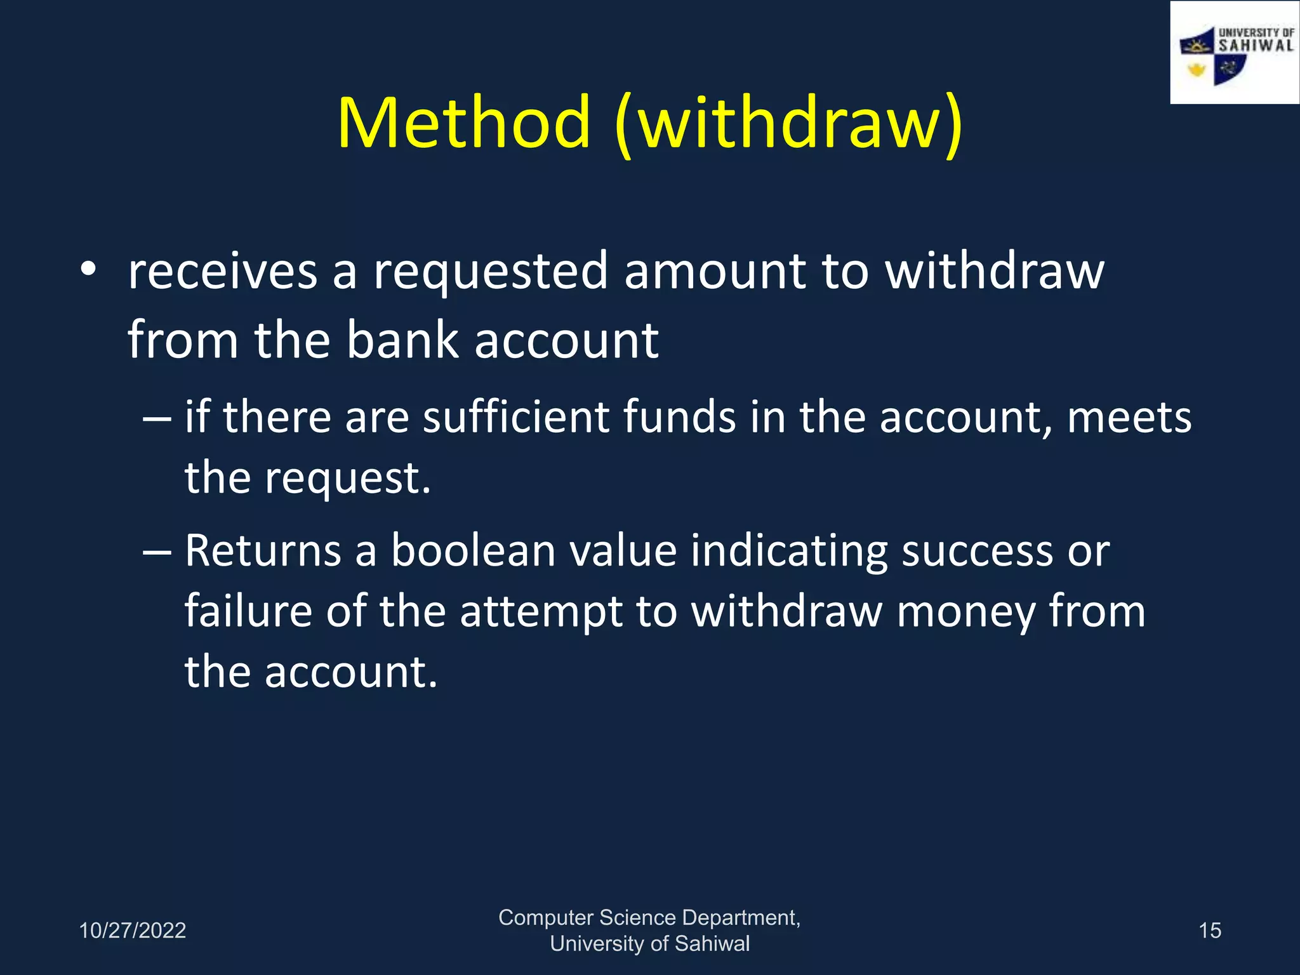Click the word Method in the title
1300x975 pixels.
pyautogui.click(x=464, y=122)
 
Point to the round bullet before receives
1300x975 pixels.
pyautogui.click(x=88, y=269)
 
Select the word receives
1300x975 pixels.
pyautogui.click(x=222, y=272)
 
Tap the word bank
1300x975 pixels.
pyautogui.click(x=402, y=340)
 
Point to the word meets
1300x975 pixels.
pyautogui.click(x=1129, y=418)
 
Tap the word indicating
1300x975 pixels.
pyautogui.click(x=789, y=552)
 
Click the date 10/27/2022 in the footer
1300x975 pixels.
pyautogui.click(x=132, y=931)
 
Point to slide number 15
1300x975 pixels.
pyautogui.click(x=1210, y=931)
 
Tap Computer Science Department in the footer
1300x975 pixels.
pyautogui.click(x=649, y=918)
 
